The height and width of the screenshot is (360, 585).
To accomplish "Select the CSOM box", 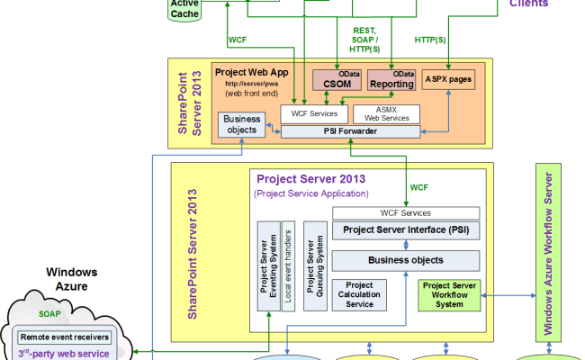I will [x=336, y=82].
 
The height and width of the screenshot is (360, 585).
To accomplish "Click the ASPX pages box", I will [x=448, y=80].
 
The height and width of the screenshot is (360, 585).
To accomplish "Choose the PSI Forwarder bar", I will [x=349, y=131].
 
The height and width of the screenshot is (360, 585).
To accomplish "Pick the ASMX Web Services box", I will [x=385, y=113].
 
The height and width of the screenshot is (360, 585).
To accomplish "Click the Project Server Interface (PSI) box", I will [x=405, y=230].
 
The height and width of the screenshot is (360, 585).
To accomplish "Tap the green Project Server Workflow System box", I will [x=449, y=294].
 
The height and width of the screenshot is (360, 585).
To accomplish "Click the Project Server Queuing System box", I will [x=314, y=265].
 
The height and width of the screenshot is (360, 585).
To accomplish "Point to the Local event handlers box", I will [x=288, y=265].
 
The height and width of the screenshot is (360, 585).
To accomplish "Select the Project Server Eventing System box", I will [x=267, y=265].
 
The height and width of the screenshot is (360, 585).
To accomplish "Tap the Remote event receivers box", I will [x=65, y=337].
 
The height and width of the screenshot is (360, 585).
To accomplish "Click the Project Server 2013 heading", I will [x=310, y=178].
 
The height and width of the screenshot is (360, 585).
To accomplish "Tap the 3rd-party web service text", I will [x=64, y=353].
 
